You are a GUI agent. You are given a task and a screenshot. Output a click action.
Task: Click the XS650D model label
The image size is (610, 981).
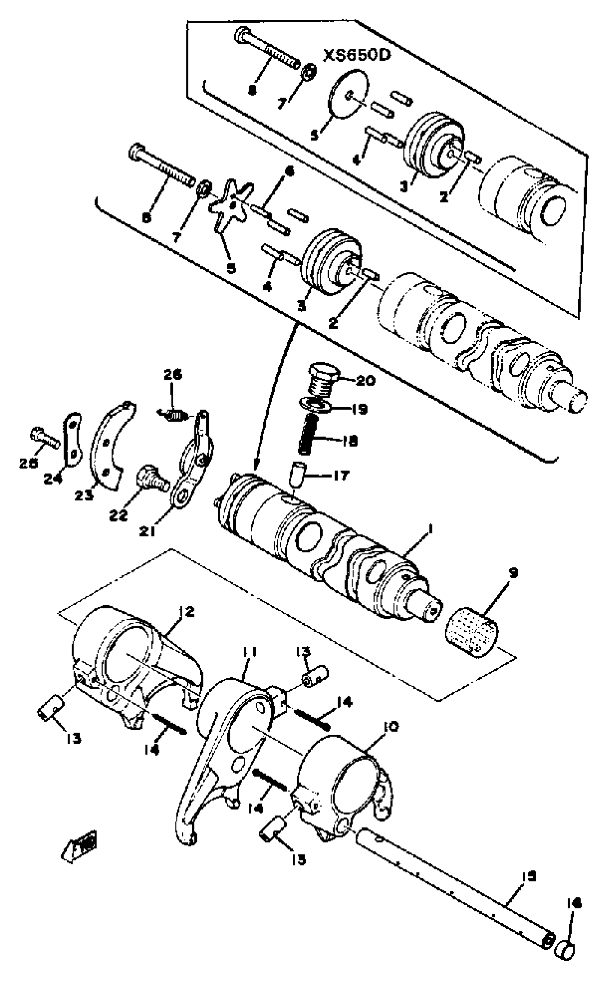click(x=357, y=55)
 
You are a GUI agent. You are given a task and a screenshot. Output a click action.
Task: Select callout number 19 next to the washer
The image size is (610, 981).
click(x=360, y=409)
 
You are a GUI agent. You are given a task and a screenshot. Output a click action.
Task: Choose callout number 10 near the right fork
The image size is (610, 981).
click(x=390, y=727)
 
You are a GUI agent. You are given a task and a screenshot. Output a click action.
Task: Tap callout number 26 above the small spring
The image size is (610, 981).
click(x=173, y=374)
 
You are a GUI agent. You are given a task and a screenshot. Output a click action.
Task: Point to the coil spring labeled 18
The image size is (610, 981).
click(x=308, y=435)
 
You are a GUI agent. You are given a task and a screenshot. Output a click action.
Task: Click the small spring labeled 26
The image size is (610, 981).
click(x=172, y=414)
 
